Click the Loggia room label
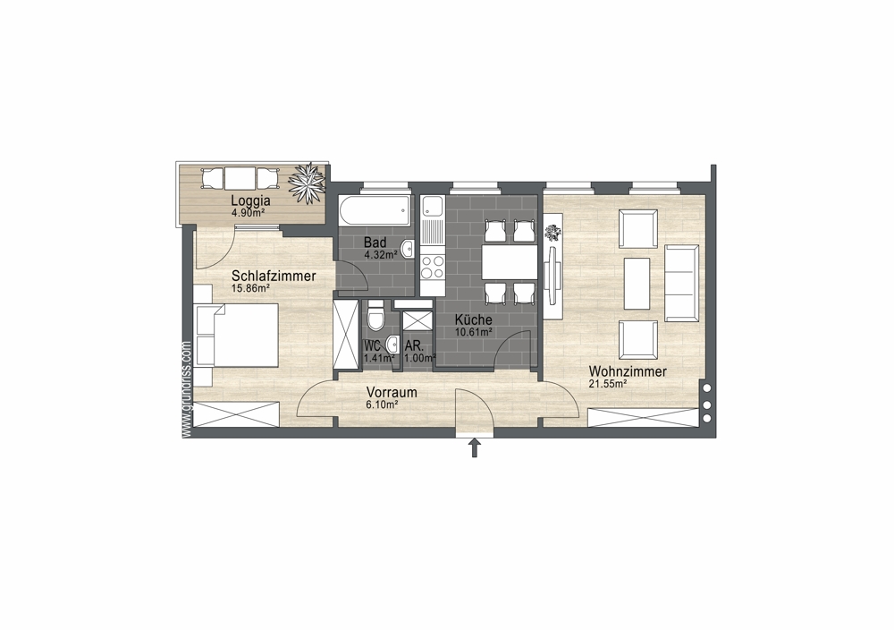click(x=250, y=200)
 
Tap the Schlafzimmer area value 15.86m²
click(x=250, y=289)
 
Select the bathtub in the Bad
click(x=375, y=211)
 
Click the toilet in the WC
click(x=375, y=317)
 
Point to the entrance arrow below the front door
click(x=474, y=447)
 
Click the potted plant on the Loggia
click(x=308, y=182)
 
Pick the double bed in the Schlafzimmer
click(x=236, y=335)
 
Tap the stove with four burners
click(x=433, y=267)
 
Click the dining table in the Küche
click(x=510, y=262)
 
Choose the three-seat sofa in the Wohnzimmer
click(x=682, y=283)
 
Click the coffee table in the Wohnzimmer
click(x=637, y=284)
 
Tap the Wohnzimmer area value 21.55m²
click(x=608, y=384)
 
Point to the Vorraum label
click(x=392, y=393)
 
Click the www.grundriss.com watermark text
click(x=187, y=390)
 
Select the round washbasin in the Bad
click(x=408, y=249)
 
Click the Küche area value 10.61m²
click(x=474, y=332)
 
